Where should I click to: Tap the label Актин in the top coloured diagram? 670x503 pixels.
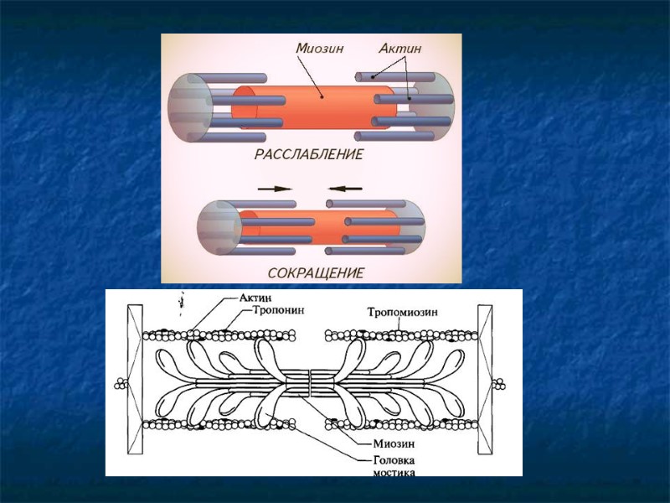399,49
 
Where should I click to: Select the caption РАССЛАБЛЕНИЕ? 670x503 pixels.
309,155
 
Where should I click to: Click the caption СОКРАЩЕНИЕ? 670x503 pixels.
316,273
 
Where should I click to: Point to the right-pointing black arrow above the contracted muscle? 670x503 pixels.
276,189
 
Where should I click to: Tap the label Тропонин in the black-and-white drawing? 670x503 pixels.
277,309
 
